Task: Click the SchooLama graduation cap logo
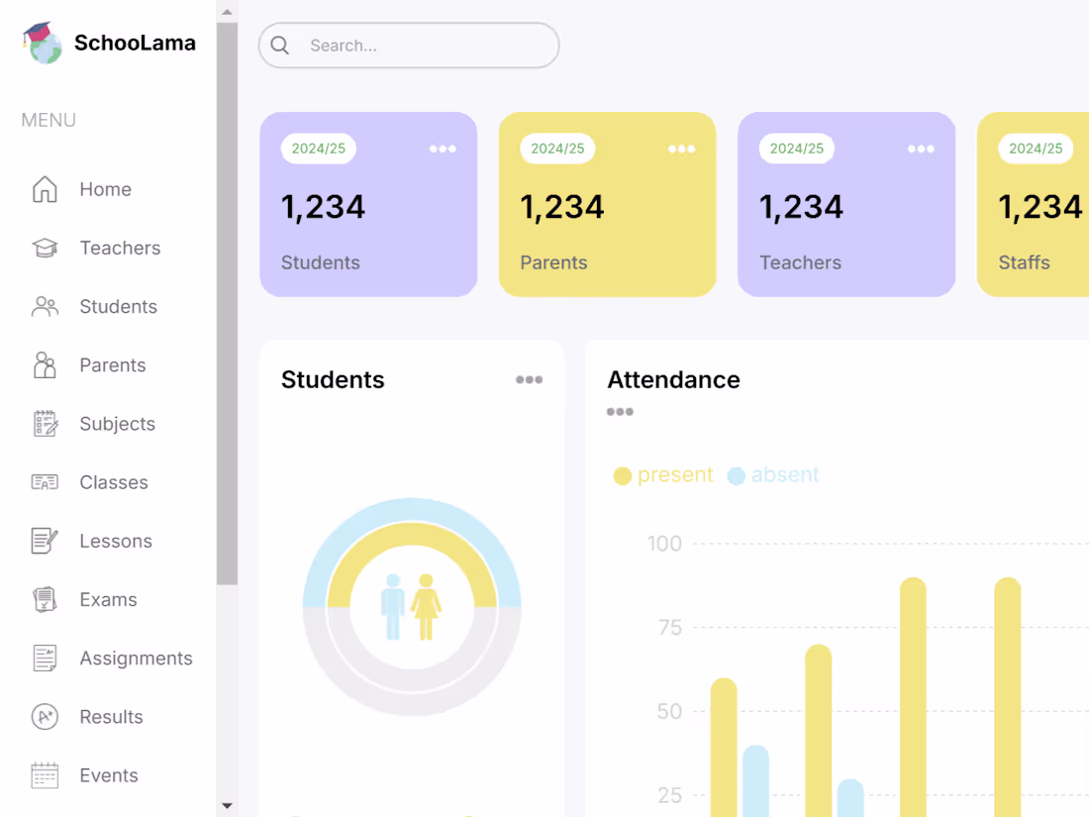click(x=42, y=43)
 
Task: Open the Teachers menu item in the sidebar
click(x=120, y=248)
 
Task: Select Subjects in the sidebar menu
click(x=117, y=424)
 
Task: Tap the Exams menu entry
click(x=108, y=599)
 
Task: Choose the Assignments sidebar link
click(x=136, y=659)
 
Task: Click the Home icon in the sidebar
click(x=45, y=189)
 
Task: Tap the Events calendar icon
click(x=45, y=775)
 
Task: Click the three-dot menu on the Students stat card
click(x=443, y=149)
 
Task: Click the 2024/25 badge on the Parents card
click(x=557, y=149)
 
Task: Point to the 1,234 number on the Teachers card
click(x=801, y=207)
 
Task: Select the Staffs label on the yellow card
click(x=1024, y=262)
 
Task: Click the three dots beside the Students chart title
click(x=529, y=379)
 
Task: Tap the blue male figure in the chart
click(x=393, y=607)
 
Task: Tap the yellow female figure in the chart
click(x=426, y=607)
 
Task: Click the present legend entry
click(x=663, y=475)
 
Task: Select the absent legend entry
click(x=773, y=475)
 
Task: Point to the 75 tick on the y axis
click(x=669, y=628)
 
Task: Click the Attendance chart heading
click(x=673, y=379)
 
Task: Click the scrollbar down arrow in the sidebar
click(x=227, y=805)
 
